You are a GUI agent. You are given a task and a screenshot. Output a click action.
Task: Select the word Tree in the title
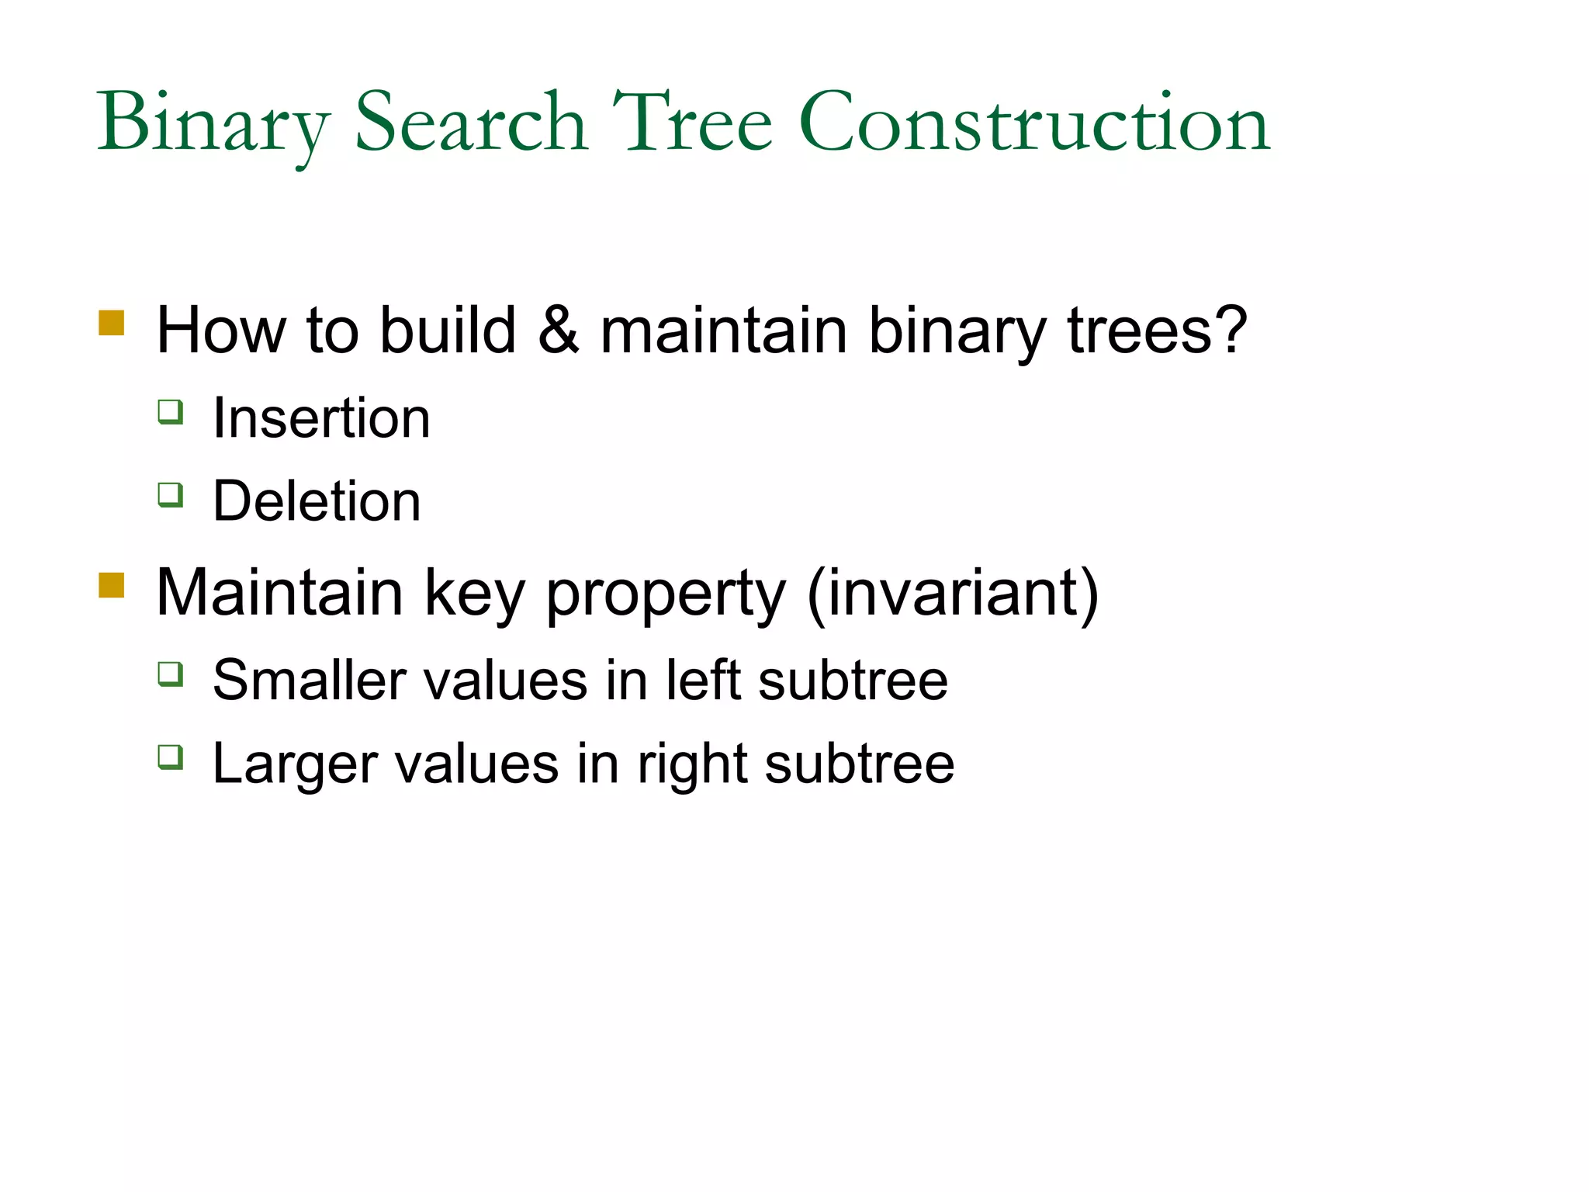click(x=692, y=123)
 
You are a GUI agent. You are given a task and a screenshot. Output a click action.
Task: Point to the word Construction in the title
click(x=1034, y=123)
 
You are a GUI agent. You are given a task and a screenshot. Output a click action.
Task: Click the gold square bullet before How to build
click(x=112, y=323)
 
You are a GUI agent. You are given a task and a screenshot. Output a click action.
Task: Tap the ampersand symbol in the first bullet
click(x=559, y=331)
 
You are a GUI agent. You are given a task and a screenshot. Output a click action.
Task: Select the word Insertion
click(x=321, y=418)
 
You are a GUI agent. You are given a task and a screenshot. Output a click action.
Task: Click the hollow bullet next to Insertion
click(x=171, y=411)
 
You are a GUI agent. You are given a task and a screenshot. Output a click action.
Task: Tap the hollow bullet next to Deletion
click(x=171, y=494)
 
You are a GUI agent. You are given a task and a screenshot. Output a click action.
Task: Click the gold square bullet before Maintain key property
click(x=112, y=585)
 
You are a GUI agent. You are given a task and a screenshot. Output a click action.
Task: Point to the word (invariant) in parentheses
click(x=953, y=593)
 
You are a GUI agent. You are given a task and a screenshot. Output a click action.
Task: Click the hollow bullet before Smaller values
click(x=171, y=674)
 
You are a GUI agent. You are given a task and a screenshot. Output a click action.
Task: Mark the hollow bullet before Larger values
click(x=171, y=757)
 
